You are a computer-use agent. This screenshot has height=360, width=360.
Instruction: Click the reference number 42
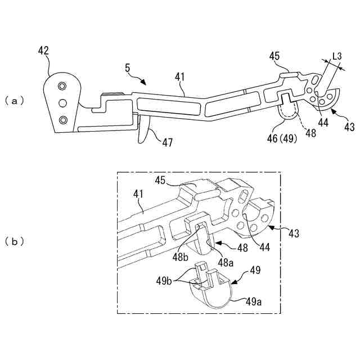tap(43, 51)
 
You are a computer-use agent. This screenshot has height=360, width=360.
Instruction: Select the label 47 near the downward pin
tap(168, 143)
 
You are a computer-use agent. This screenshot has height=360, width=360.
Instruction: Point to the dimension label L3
tap(337, 56)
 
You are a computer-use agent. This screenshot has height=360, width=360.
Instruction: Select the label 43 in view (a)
tap(349, 127)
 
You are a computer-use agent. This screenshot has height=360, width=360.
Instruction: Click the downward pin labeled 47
tap(143, 130)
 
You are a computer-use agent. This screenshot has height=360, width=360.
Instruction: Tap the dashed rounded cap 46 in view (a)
tap(290, 110)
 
